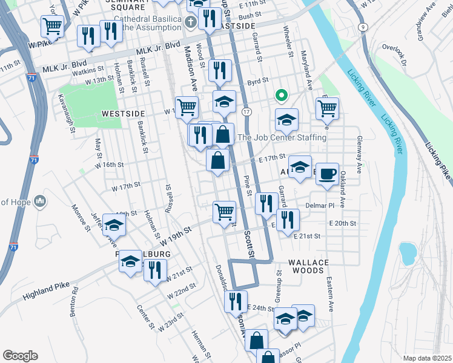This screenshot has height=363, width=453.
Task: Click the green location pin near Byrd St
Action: coord(281,95)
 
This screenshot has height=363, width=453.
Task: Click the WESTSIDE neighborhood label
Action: coord(124,113)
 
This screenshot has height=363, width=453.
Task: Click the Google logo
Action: coord(20,355)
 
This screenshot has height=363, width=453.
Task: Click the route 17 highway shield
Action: coord(246,113)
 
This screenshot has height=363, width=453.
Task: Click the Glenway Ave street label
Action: coord(360,149)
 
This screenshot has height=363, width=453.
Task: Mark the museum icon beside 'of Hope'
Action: coord(40,200)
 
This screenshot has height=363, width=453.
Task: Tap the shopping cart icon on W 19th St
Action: coord(223,212)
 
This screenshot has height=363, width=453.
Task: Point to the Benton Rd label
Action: coord(74,301)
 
